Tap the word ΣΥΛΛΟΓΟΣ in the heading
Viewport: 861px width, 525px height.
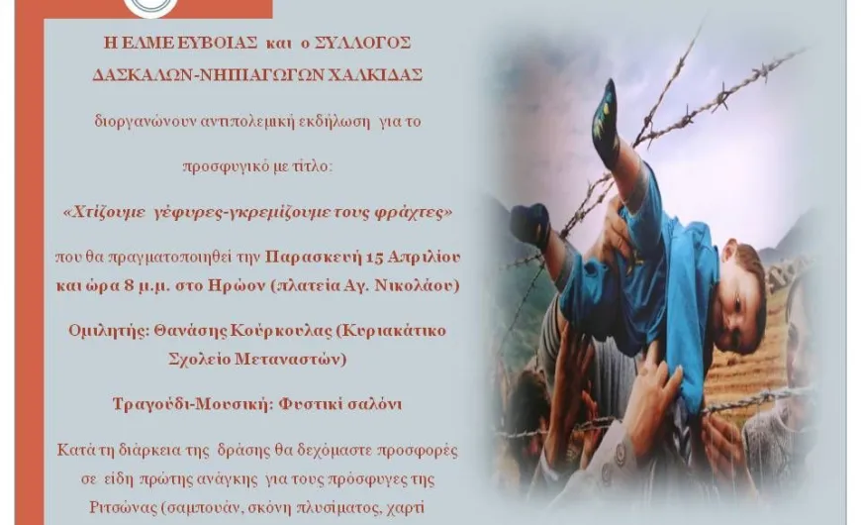pos(362,44)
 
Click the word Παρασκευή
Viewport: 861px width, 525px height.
pos(313,258)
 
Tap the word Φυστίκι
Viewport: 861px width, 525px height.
pos(305,404)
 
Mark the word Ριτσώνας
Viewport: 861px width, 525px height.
pos(123,507)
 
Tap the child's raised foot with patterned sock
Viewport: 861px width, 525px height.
pos(606,123)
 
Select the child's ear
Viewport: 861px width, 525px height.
pos(729,251)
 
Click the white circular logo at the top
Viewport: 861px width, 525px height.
pos(150,7)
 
